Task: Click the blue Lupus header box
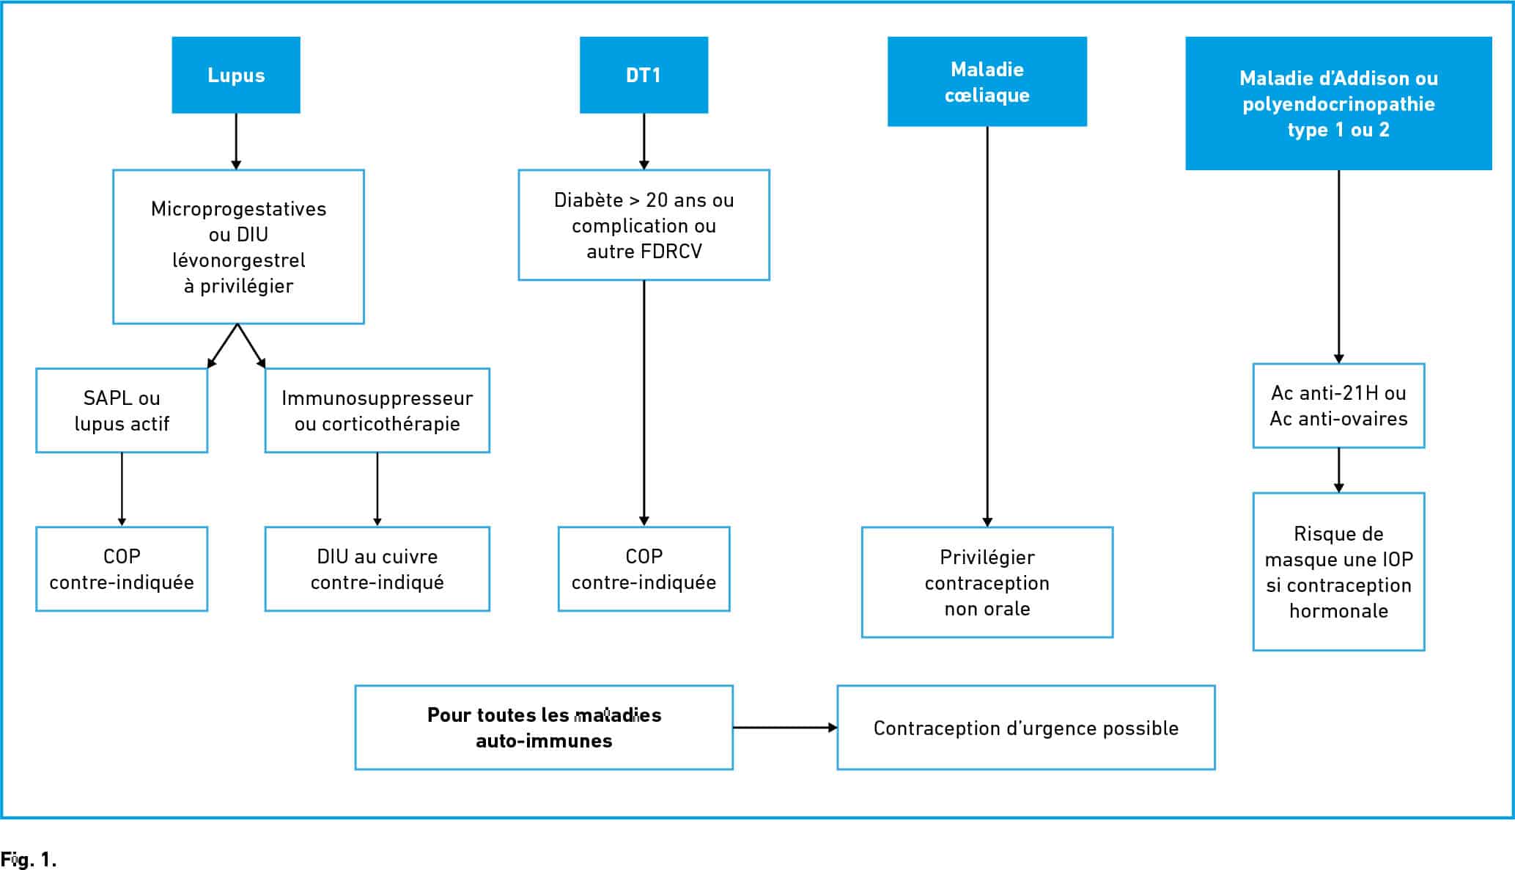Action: [236, 75]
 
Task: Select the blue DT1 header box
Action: [644, 75]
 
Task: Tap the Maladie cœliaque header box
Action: [987, 81]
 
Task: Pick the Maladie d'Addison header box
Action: [1338, 103]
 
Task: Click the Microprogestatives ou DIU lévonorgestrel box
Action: [238, 246]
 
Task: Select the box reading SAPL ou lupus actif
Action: [122, 410]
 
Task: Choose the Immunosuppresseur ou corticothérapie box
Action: [377, 410]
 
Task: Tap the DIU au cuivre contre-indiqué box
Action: [377, 569]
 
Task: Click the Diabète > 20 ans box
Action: [644, 225]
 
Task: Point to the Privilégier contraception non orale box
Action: [987, 582]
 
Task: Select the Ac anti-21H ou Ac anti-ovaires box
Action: [1338, 406]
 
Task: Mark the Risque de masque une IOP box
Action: [1338, 571]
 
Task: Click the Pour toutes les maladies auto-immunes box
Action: [544, 728]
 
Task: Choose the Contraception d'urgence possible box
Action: [1026, 728]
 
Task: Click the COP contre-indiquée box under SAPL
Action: [122, 569]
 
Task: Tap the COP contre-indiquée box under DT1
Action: [644, 569]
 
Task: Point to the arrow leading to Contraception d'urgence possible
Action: [785, 728]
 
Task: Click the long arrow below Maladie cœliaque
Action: [987, 326]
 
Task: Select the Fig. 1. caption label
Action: [29, 859]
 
